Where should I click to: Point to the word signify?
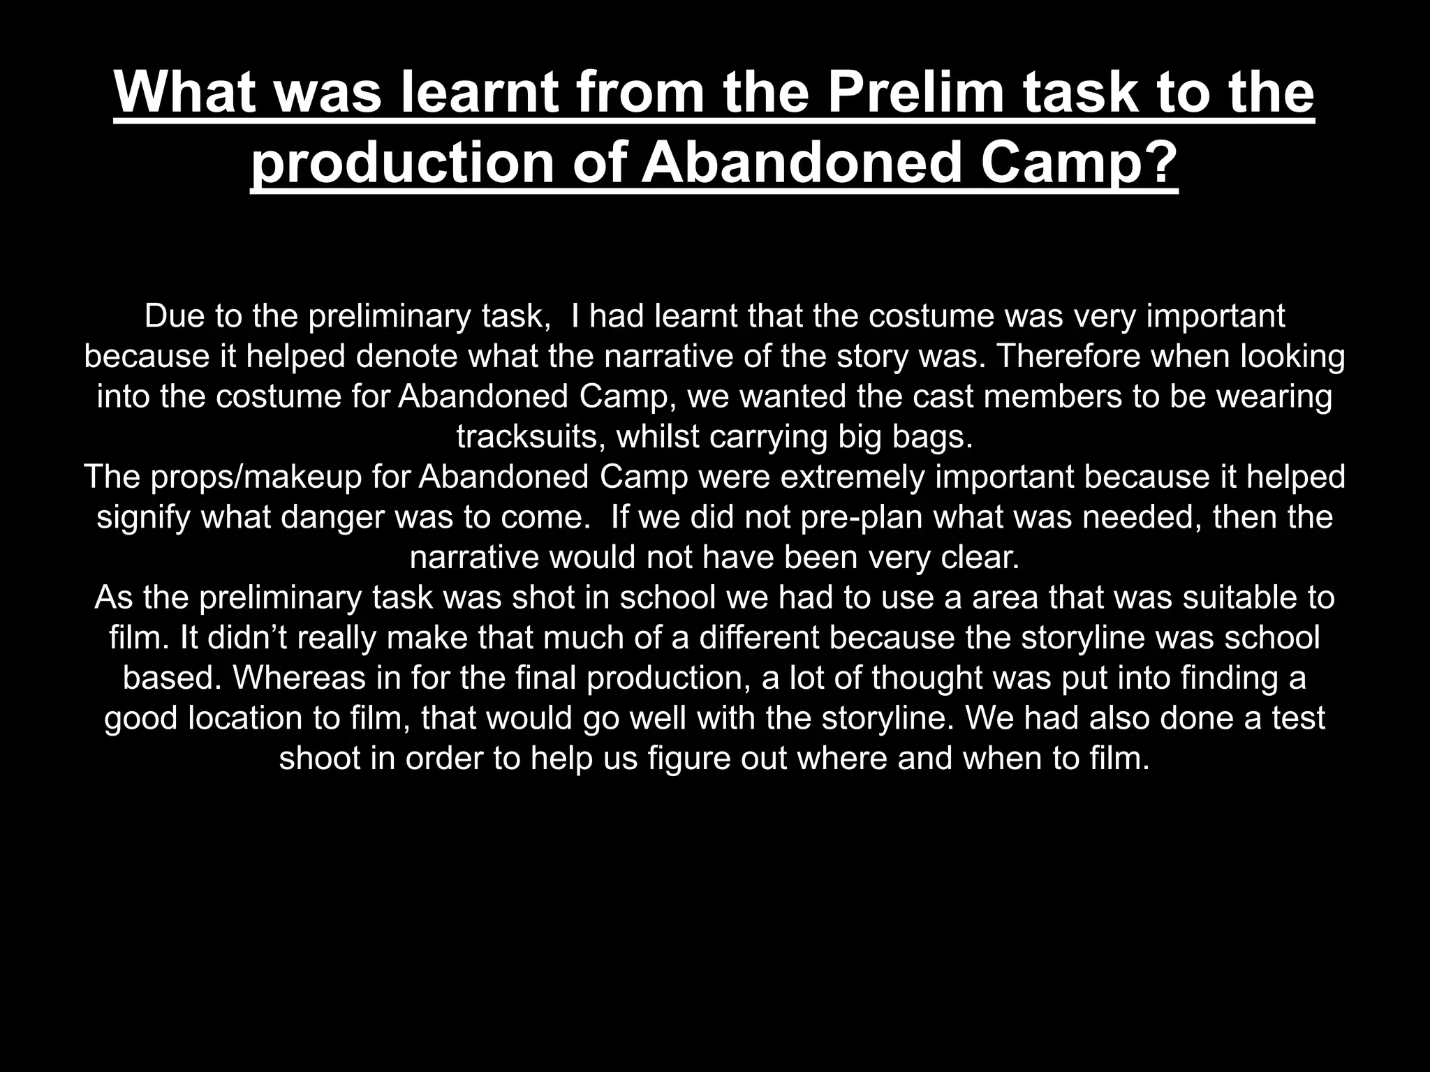click(143, 518)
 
